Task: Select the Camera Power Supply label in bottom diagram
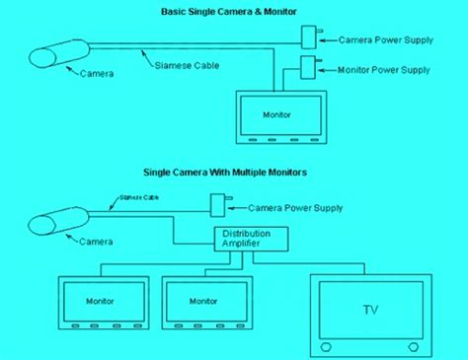[295, 209]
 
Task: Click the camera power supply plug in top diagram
[308, 36]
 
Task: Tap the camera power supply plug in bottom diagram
[217, 206]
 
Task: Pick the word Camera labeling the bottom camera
[95, 242]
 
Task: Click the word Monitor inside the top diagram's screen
[277, 115]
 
